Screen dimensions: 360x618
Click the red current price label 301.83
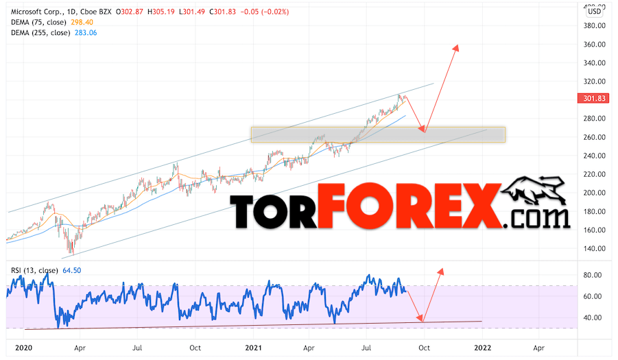point(593,98)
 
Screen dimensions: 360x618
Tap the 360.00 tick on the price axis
point(594,45)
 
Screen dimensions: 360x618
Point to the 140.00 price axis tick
point(594,248)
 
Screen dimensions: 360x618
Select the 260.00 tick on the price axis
point(594,137)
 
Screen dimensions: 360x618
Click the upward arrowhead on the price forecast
point(455,48)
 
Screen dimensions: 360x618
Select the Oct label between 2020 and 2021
point(196,348)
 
